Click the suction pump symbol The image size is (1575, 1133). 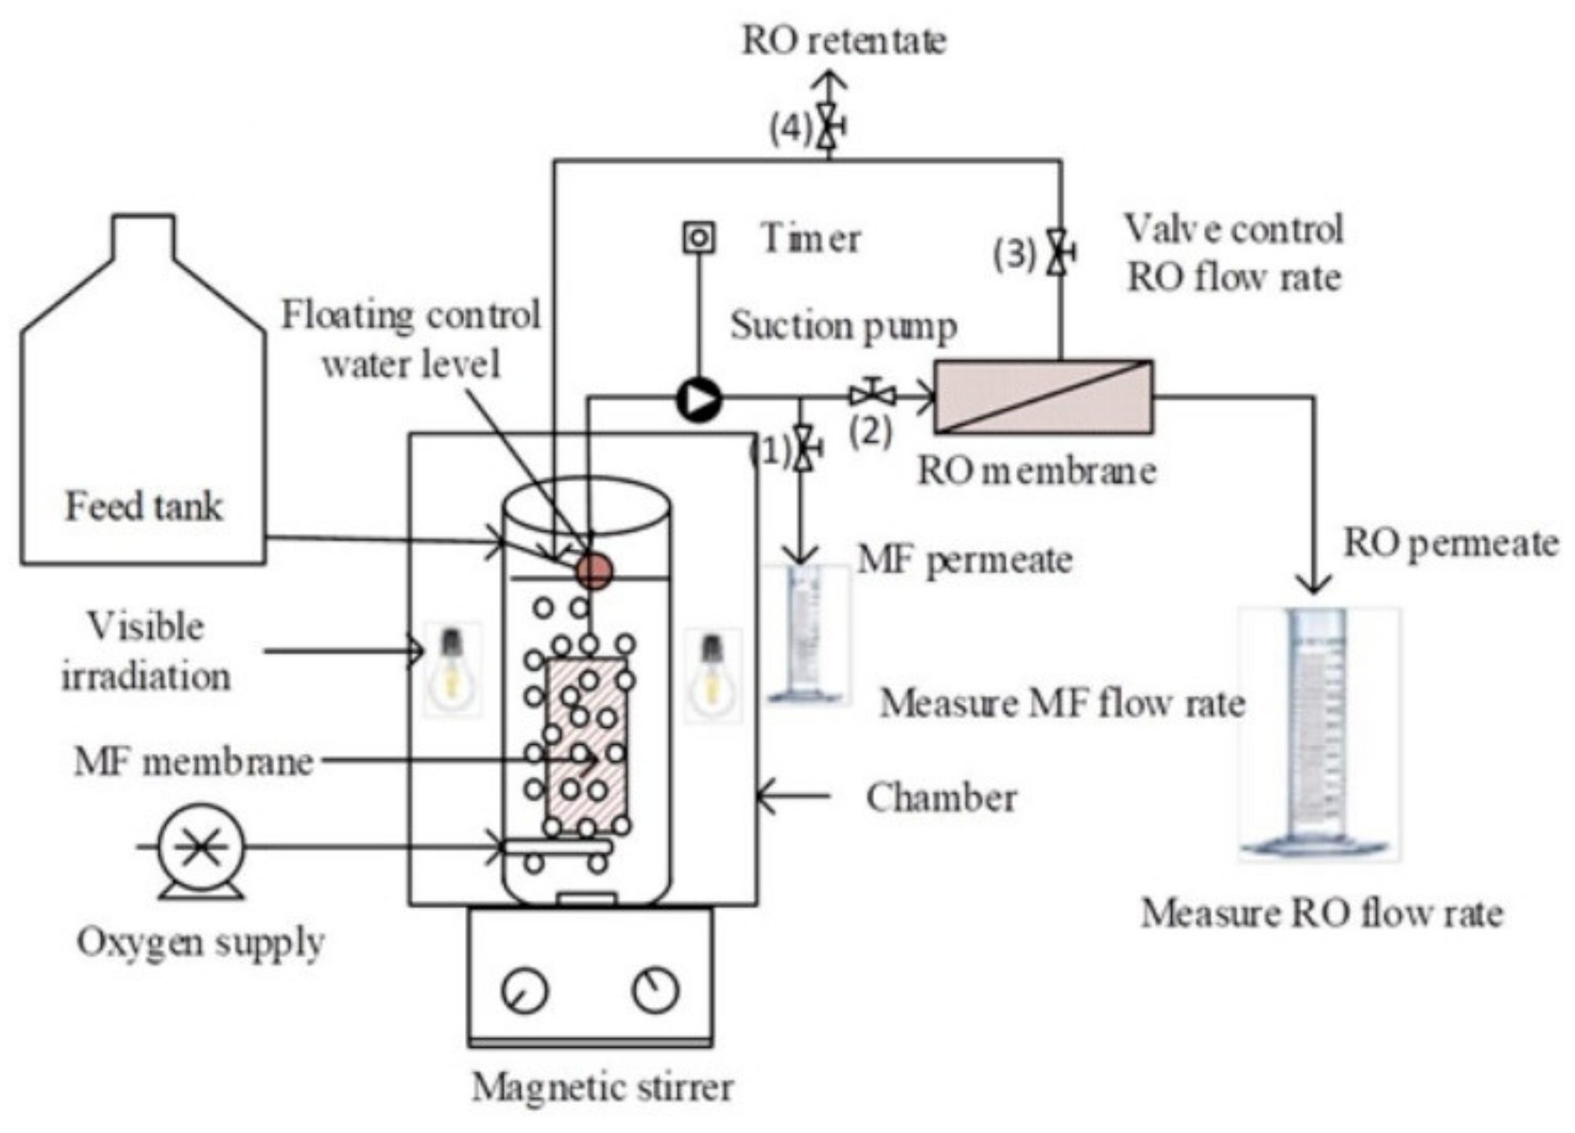pyautogui.click(x=698, y=400)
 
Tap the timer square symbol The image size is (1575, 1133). pyautogui.click(x=698, y=238)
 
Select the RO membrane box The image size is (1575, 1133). pyautogui.click(x=1043, y=397)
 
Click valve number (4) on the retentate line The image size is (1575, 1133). pyautogui.click(x=829, y=126)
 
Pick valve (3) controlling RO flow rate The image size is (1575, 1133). pyautogui.click(x=1059, y=252)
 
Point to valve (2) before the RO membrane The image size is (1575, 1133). pyautogui.click(x=873, y=394)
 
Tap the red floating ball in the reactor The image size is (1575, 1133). pyautogui.click(x=593, y=570)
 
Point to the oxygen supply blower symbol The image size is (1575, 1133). pyautogui.click(x=201, y=847)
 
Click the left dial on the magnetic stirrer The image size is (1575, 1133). pyautogui.click(x=524, y=991)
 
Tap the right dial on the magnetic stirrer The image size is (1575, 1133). pyautogui.click(x=654, y=989)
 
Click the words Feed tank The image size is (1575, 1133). pyautogui.click(x=144, y=506)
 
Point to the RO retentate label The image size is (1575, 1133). pyautogui.click(x=843, y=41)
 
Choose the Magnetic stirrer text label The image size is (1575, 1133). pyautogui.click(x=602, y=1087)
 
